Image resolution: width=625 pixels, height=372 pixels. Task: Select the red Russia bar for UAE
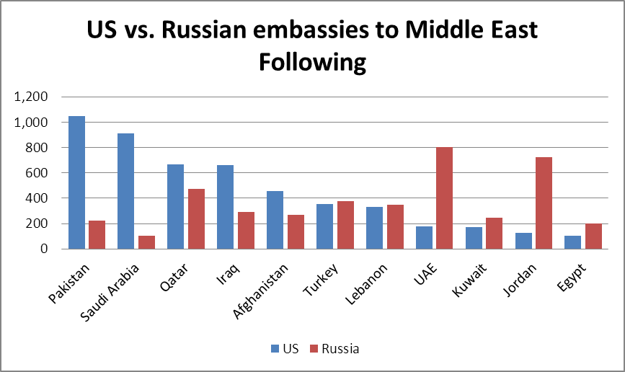pos(444,198)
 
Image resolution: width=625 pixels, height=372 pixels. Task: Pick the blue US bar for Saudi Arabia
pos(126,191)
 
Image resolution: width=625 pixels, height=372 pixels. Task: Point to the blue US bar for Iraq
pos(225,207)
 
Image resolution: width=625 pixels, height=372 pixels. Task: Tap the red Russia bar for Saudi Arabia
pos(147,242)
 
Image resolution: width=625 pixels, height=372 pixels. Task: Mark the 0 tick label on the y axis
pos(45,249)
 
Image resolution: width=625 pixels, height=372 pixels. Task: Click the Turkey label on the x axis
pos(322,278)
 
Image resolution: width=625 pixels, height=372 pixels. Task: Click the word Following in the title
pos(312,62)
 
